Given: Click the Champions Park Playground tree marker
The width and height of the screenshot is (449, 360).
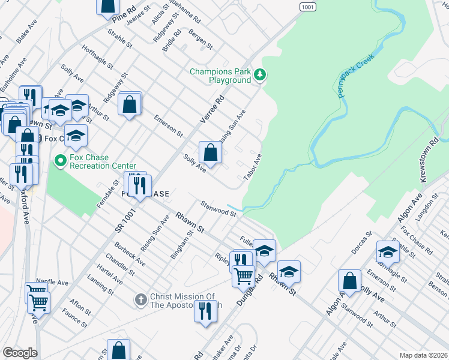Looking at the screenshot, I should click(x=260, y=75).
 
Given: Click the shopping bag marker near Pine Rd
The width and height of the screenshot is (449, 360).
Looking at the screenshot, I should click(x=107, y=6).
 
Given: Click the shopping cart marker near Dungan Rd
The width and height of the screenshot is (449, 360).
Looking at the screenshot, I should click(x=243, y=275).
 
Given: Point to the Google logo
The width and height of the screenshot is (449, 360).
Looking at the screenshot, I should click(x=20, y=353).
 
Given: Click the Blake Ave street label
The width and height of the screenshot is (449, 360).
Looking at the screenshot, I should click(x=27, y=34).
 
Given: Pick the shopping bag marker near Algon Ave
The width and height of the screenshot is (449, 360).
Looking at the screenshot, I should click(x=349, y=281).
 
